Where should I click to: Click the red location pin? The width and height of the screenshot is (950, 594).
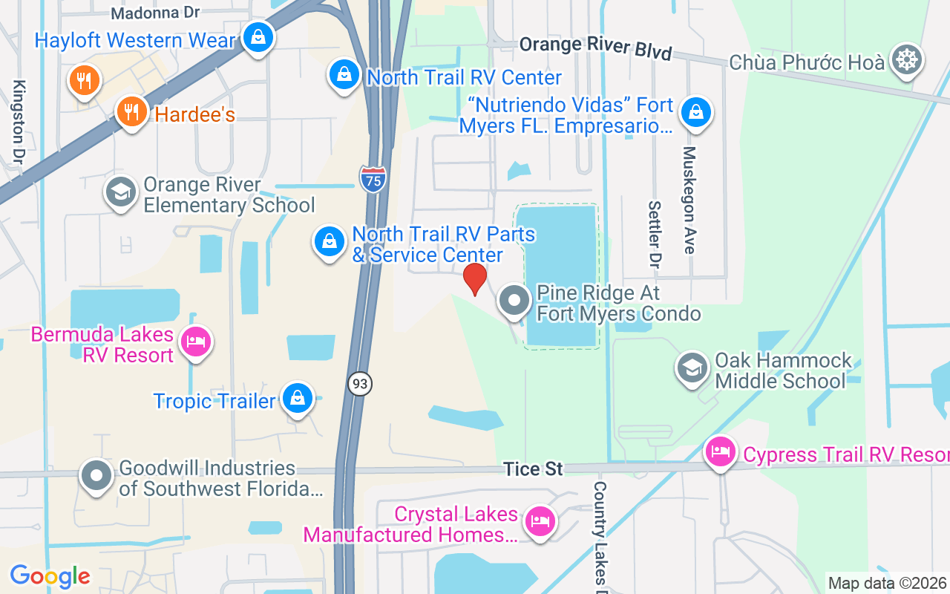click(475, 279)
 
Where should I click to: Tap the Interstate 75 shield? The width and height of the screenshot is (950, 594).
click(373, 179)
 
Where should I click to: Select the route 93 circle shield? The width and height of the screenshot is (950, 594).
click(360, 383)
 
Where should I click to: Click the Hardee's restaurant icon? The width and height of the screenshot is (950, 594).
click(131, 112)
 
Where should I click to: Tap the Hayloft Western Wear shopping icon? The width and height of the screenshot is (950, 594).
click(258, 36)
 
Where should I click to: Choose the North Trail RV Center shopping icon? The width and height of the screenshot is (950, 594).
click(344, 75)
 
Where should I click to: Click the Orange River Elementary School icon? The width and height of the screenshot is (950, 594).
click(120, 193)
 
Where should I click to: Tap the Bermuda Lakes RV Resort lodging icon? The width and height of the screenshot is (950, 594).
click(195, 342)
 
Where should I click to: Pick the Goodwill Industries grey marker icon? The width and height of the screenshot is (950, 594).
click(96, 476)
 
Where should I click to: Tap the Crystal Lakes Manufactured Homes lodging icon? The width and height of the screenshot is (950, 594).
click(540, 522)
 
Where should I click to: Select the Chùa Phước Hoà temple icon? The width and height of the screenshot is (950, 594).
click(907, 60)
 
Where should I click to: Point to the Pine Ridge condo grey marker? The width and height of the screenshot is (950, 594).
click(514, 301)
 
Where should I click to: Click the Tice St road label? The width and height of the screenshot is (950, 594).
click(533, 469)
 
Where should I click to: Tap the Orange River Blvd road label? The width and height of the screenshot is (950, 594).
click(595, 48)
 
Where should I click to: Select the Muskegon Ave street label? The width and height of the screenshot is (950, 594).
click(689, 200)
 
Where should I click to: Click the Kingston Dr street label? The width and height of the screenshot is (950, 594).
click(19, 122)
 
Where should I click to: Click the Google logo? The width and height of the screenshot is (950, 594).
click(50, 576)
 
